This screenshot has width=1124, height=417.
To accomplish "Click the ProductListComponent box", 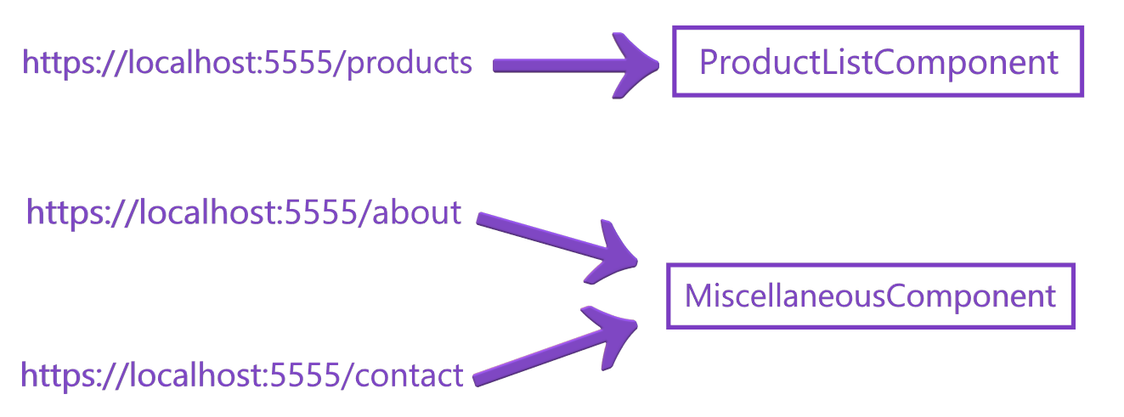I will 878,62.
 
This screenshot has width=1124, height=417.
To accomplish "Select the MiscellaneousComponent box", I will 870,296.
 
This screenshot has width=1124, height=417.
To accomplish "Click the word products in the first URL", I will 409,63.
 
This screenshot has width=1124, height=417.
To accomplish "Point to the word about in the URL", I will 416,212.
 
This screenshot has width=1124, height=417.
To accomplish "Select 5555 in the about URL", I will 324,212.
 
